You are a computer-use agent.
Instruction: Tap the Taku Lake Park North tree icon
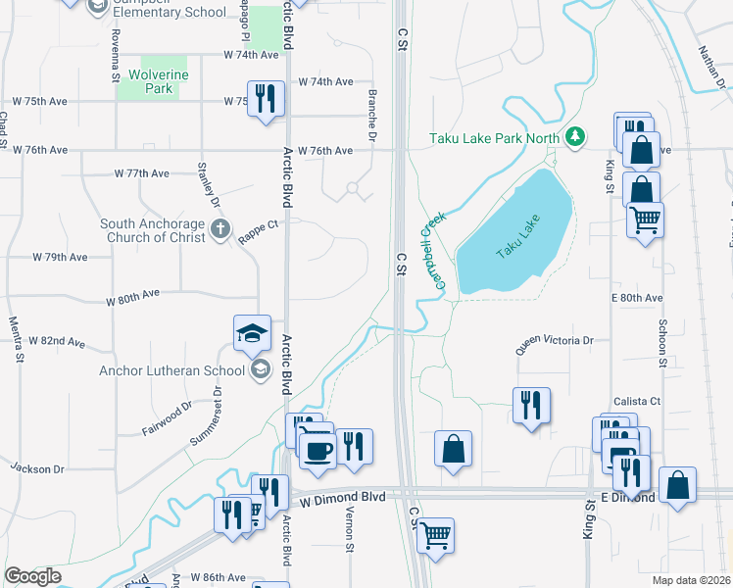click(577, 136)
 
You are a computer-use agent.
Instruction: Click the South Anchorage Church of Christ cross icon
click(220, 230)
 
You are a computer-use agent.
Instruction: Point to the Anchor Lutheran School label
click(171, 370)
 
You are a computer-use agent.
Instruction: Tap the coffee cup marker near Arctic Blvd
click(317, 451)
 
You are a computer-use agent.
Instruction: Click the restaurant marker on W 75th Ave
click(266, 98)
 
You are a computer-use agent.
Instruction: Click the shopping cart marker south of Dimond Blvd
click(435, 535)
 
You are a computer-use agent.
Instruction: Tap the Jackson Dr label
click(37, 469)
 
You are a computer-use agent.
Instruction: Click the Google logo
click(32, 576)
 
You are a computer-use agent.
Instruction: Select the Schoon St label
click(662, 343)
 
